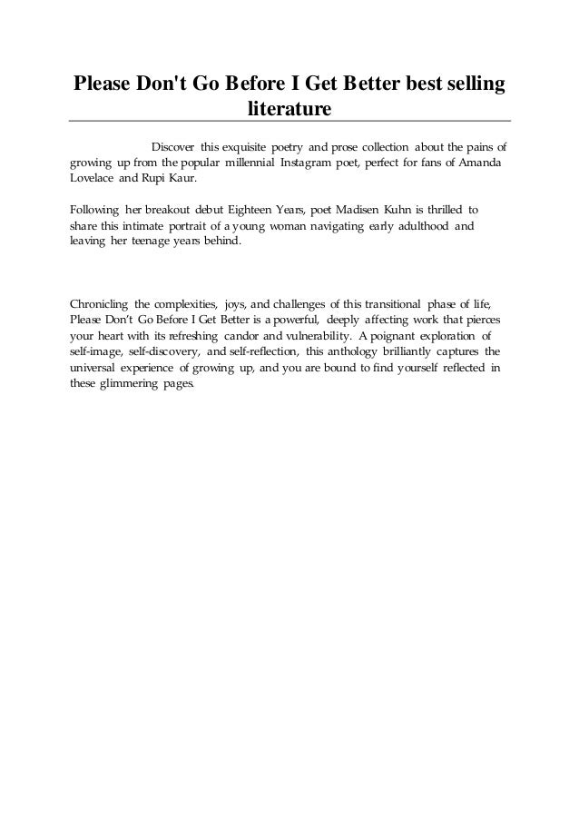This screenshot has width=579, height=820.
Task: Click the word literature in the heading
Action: (289, 110)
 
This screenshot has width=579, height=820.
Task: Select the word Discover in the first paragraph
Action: (174, 146)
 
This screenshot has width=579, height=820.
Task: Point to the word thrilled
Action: (440, 211)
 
